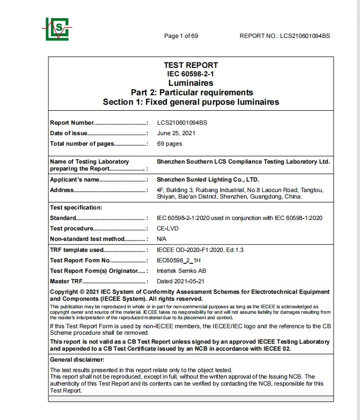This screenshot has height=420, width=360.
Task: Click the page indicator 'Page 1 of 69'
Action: tap(181, 36)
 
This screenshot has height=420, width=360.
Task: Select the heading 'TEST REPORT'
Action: tap(191, 65)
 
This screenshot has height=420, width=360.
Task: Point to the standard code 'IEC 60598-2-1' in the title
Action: tap(191, 74)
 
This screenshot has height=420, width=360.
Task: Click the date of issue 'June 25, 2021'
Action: tap(176, 133)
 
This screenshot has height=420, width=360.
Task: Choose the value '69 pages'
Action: tap(170, 144)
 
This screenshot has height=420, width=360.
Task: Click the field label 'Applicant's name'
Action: tap(74, 180)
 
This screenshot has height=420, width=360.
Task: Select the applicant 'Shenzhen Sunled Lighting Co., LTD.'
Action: tap(208, 180)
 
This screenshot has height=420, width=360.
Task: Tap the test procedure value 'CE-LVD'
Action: tap(168, 228)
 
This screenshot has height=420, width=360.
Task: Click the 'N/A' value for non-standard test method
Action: tap(162, 239)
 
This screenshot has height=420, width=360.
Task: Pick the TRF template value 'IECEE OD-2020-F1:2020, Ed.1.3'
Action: tap(200, 250)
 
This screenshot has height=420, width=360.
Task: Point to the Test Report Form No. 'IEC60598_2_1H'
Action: tap(178, 260)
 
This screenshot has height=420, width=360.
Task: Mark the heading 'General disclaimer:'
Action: tap(77, 360)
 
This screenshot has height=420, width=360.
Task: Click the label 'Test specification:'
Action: tap(76, 208)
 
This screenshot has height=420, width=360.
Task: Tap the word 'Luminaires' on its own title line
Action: tap(191, 83)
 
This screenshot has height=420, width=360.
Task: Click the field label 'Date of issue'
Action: tap(68, 133)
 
